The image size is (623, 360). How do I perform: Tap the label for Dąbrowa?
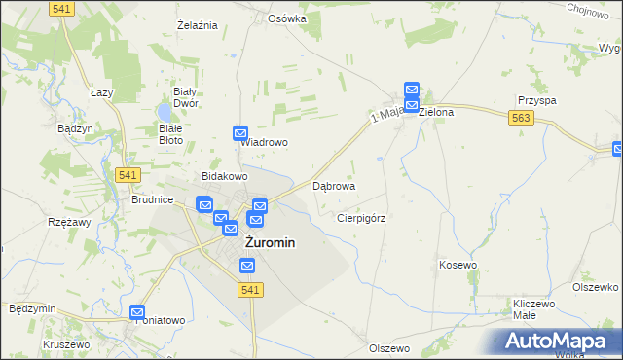tap(333, 185)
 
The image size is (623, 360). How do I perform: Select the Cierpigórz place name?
tap(361, 218)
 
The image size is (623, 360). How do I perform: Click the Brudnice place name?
tap(152, 199)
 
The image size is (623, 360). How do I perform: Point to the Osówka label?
tap(287, 18)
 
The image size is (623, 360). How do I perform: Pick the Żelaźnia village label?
tap(196, 24)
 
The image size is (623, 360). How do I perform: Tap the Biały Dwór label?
tap(185, 96)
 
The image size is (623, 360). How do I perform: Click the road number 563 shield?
tap(519, 117)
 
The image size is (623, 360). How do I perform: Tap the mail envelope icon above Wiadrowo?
tap(240, 133)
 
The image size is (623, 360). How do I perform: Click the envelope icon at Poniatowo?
tap(137, 312)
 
